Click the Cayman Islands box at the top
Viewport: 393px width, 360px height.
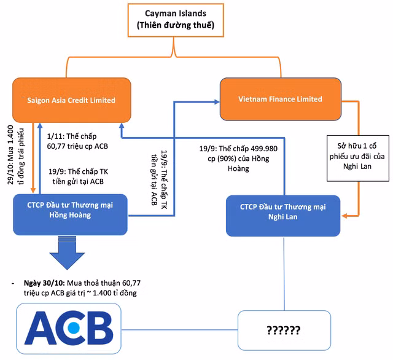(176, 20)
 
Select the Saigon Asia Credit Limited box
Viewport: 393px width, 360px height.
(72, 100)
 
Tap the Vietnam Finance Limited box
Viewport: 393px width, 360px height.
(281, 99)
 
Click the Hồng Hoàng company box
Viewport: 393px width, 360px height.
(70, 214)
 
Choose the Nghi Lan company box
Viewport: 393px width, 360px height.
(283, 216)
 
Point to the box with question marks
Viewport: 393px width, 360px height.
(284, 331)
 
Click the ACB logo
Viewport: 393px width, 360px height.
(69, 329)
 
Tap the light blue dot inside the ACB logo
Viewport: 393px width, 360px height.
(74, 327)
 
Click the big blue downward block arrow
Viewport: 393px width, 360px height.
(67, 252)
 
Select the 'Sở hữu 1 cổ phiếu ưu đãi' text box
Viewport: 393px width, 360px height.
(358, 158)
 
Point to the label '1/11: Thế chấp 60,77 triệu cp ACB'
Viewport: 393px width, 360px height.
(77, 141)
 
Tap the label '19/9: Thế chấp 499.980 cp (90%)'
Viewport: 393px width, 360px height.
(238, 154)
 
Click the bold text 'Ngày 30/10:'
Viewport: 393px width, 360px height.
(44, 283)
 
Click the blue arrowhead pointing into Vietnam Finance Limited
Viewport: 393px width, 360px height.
(217, 102)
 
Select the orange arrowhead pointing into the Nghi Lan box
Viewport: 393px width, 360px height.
(345, 216)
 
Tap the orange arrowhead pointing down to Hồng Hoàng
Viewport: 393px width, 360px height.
(33, 190)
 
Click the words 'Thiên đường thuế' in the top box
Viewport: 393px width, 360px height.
(176, 25)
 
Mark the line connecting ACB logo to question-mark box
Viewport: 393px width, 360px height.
(179, 330)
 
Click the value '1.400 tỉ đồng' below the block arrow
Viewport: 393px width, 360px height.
(115, 293)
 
